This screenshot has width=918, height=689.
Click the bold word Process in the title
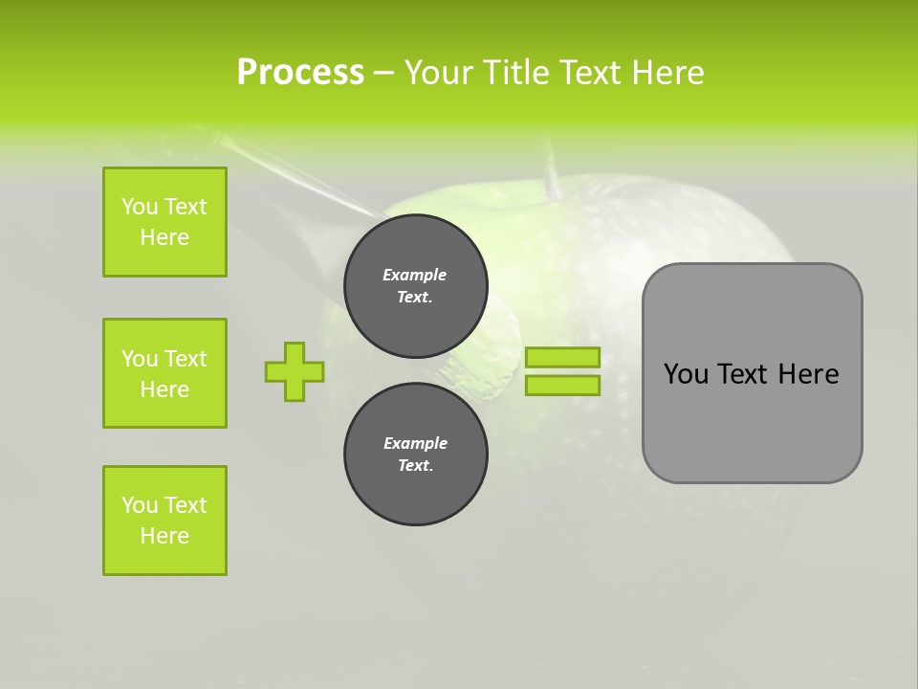(300, 73)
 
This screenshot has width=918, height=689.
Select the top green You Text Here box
(164, 222)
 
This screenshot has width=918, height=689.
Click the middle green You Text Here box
(164, 373)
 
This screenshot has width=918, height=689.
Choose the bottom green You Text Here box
(164, 521)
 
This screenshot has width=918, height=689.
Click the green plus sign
(295, 371)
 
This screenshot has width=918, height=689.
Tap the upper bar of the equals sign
(562, 357)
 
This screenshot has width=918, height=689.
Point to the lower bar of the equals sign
(562, 385)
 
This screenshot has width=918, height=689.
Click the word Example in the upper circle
(415, 275)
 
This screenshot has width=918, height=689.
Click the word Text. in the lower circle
(415, 466)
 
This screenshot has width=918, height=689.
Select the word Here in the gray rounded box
(808, 374)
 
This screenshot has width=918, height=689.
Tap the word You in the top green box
(140, 207)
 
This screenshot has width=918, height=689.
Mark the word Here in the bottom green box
(164, 536)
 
